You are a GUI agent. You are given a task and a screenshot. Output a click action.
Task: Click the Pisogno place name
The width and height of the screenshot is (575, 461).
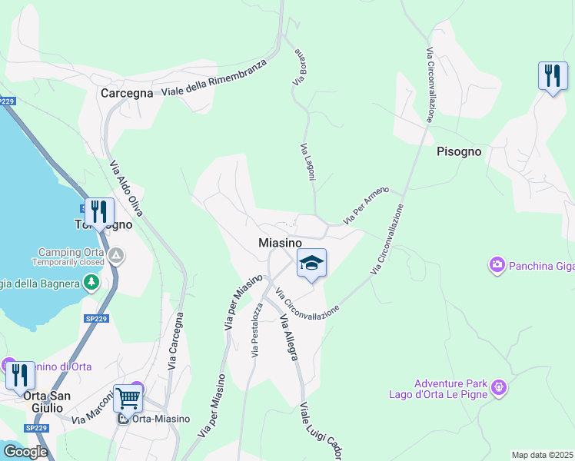coord(459,151)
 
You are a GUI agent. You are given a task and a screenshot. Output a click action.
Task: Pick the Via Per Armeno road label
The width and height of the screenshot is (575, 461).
coord(366,205)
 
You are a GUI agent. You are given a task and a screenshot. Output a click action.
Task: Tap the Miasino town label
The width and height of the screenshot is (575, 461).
coord(279,242)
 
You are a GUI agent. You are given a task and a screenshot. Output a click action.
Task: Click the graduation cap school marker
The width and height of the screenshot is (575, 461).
coord(311,263)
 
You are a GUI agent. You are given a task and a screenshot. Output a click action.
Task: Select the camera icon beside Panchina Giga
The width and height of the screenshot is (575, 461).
coord(497,266)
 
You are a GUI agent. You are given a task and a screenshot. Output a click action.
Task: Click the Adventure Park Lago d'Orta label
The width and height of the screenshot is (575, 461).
coord(450,390)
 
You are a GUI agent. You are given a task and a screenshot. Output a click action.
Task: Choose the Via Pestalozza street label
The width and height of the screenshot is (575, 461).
coord(256,330)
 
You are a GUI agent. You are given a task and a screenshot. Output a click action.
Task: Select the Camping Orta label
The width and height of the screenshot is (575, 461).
coord(71,252)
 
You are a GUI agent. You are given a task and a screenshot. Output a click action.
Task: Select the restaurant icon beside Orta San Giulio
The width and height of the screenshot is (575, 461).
coord(20,375)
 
